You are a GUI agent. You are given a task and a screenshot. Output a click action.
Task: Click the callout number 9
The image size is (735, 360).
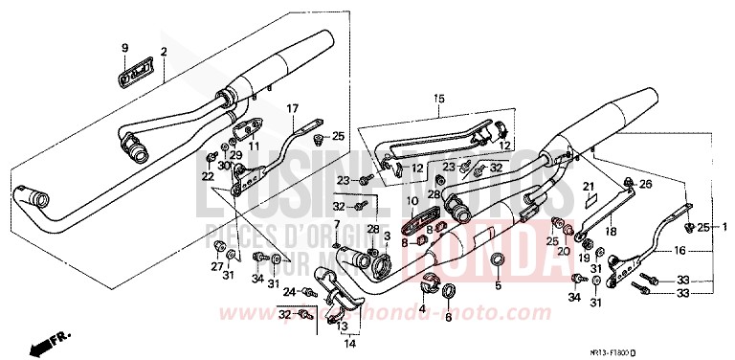click(x=123, y=48)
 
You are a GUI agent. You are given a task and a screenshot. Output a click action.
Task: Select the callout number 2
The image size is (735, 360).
click(x=164, y=51)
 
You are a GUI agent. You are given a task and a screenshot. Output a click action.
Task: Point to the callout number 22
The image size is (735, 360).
click(x=208, y=177)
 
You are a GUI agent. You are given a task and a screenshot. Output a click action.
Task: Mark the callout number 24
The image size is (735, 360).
click(x=288, y=291)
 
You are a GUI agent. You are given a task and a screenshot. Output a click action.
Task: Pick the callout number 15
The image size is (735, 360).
click(x=439, y=99)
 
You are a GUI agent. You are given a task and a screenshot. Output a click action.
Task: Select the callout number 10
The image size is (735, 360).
click(x=412, y=201)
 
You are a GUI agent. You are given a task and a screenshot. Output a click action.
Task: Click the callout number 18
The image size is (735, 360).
click(x=612, y=231)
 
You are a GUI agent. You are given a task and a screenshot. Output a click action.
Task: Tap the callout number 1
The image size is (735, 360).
click(x=724, y=227)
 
